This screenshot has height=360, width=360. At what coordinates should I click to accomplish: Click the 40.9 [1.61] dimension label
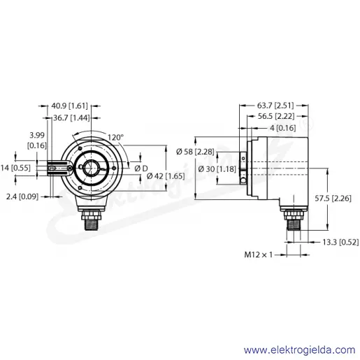[69, 106]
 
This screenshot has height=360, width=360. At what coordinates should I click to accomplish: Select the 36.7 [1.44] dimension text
[71, 118]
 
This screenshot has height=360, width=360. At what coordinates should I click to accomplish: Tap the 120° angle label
[115, 137]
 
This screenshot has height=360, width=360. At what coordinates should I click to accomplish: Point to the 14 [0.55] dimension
[15, 168]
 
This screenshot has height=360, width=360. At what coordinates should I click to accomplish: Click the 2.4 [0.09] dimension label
[22, 197]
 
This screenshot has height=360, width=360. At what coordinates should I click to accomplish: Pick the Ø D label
[141, 168]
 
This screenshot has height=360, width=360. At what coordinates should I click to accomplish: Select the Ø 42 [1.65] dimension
[166, 176]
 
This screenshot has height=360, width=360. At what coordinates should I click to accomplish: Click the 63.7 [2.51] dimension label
[275, 106]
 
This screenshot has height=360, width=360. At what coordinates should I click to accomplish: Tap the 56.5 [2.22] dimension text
[276, 116]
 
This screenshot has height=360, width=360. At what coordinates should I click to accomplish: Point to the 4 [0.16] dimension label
[283, 128]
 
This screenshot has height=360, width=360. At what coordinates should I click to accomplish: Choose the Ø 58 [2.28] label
[195, 152]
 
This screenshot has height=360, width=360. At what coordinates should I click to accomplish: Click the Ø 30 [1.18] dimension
[217, 168]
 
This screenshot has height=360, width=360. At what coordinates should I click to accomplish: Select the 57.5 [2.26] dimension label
[333, 199]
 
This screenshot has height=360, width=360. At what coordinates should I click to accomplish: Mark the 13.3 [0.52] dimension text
[340, 242]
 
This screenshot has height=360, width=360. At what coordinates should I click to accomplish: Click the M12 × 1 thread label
[258, 254]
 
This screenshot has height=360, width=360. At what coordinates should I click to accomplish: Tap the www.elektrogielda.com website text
[300, 350]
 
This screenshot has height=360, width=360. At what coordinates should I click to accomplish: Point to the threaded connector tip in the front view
[92, 225]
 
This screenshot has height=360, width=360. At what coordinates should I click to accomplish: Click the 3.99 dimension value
[37, 136]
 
